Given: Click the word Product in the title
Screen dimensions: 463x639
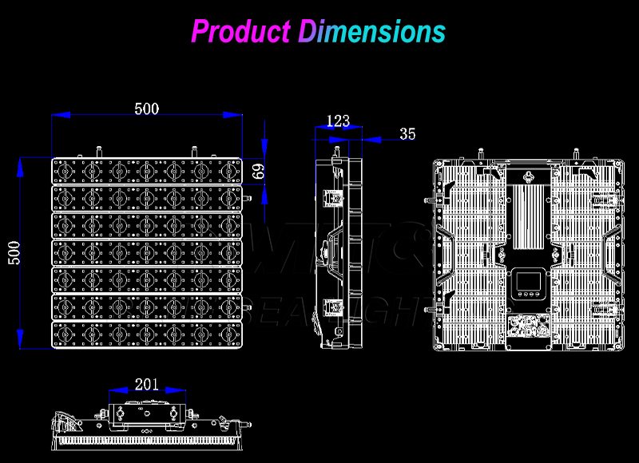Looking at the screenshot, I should tap(240, 32).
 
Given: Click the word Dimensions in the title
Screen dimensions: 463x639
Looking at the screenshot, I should tap(371, 32).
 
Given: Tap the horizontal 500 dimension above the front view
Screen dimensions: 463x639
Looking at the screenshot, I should tap(146, 109).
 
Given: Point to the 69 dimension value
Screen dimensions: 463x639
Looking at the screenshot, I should tap(258, 171).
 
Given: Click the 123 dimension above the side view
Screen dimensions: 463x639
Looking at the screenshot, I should tap(338, 121).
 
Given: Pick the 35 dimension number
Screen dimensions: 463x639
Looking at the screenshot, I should tap(407, 134).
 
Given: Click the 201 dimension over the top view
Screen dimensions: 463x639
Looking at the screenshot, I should tap(146, 384).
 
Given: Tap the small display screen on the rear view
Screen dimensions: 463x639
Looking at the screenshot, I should tap(527, 280).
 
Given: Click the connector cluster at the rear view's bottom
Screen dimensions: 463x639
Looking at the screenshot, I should tap(527, 326).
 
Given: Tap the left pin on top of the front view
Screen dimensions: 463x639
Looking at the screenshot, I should tap(99, 152).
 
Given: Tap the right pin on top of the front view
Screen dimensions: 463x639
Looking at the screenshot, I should tap(193, 152).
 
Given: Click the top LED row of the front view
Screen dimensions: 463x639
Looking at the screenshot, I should tap(146, 171).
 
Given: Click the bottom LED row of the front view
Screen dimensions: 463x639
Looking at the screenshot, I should tap(146, 334).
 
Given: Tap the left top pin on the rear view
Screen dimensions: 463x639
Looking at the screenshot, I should tap(481, 153).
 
